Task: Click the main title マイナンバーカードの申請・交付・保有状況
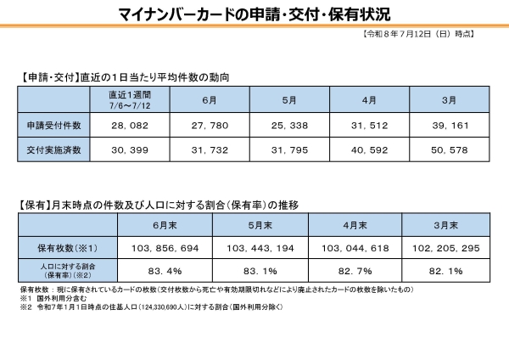pos(255,14)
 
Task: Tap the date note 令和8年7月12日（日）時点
pos(418,34)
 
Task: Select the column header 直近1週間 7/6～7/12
pos(130,100)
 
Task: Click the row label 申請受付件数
pos(54,126)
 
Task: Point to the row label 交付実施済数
pos(54,149)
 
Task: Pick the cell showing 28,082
pos(130,126)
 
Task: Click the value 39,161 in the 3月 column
pos(450,126)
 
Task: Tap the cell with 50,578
pos(450,150)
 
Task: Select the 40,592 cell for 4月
pos(369,150)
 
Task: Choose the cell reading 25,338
pos(289,126)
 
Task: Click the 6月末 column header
pos(165,225)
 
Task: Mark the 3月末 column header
pos(446,225)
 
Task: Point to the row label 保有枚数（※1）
pos(68,248)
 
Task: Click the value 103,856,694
pos(165,249)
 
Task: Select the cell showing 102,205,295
pos(446,249)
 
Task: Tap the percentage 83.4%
pos(165,271)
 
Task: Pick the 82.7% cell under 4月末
pos(355,271)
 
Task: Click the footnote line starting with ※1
pos(53,298)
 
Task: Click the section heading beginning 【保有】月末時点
pos(158,205)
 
